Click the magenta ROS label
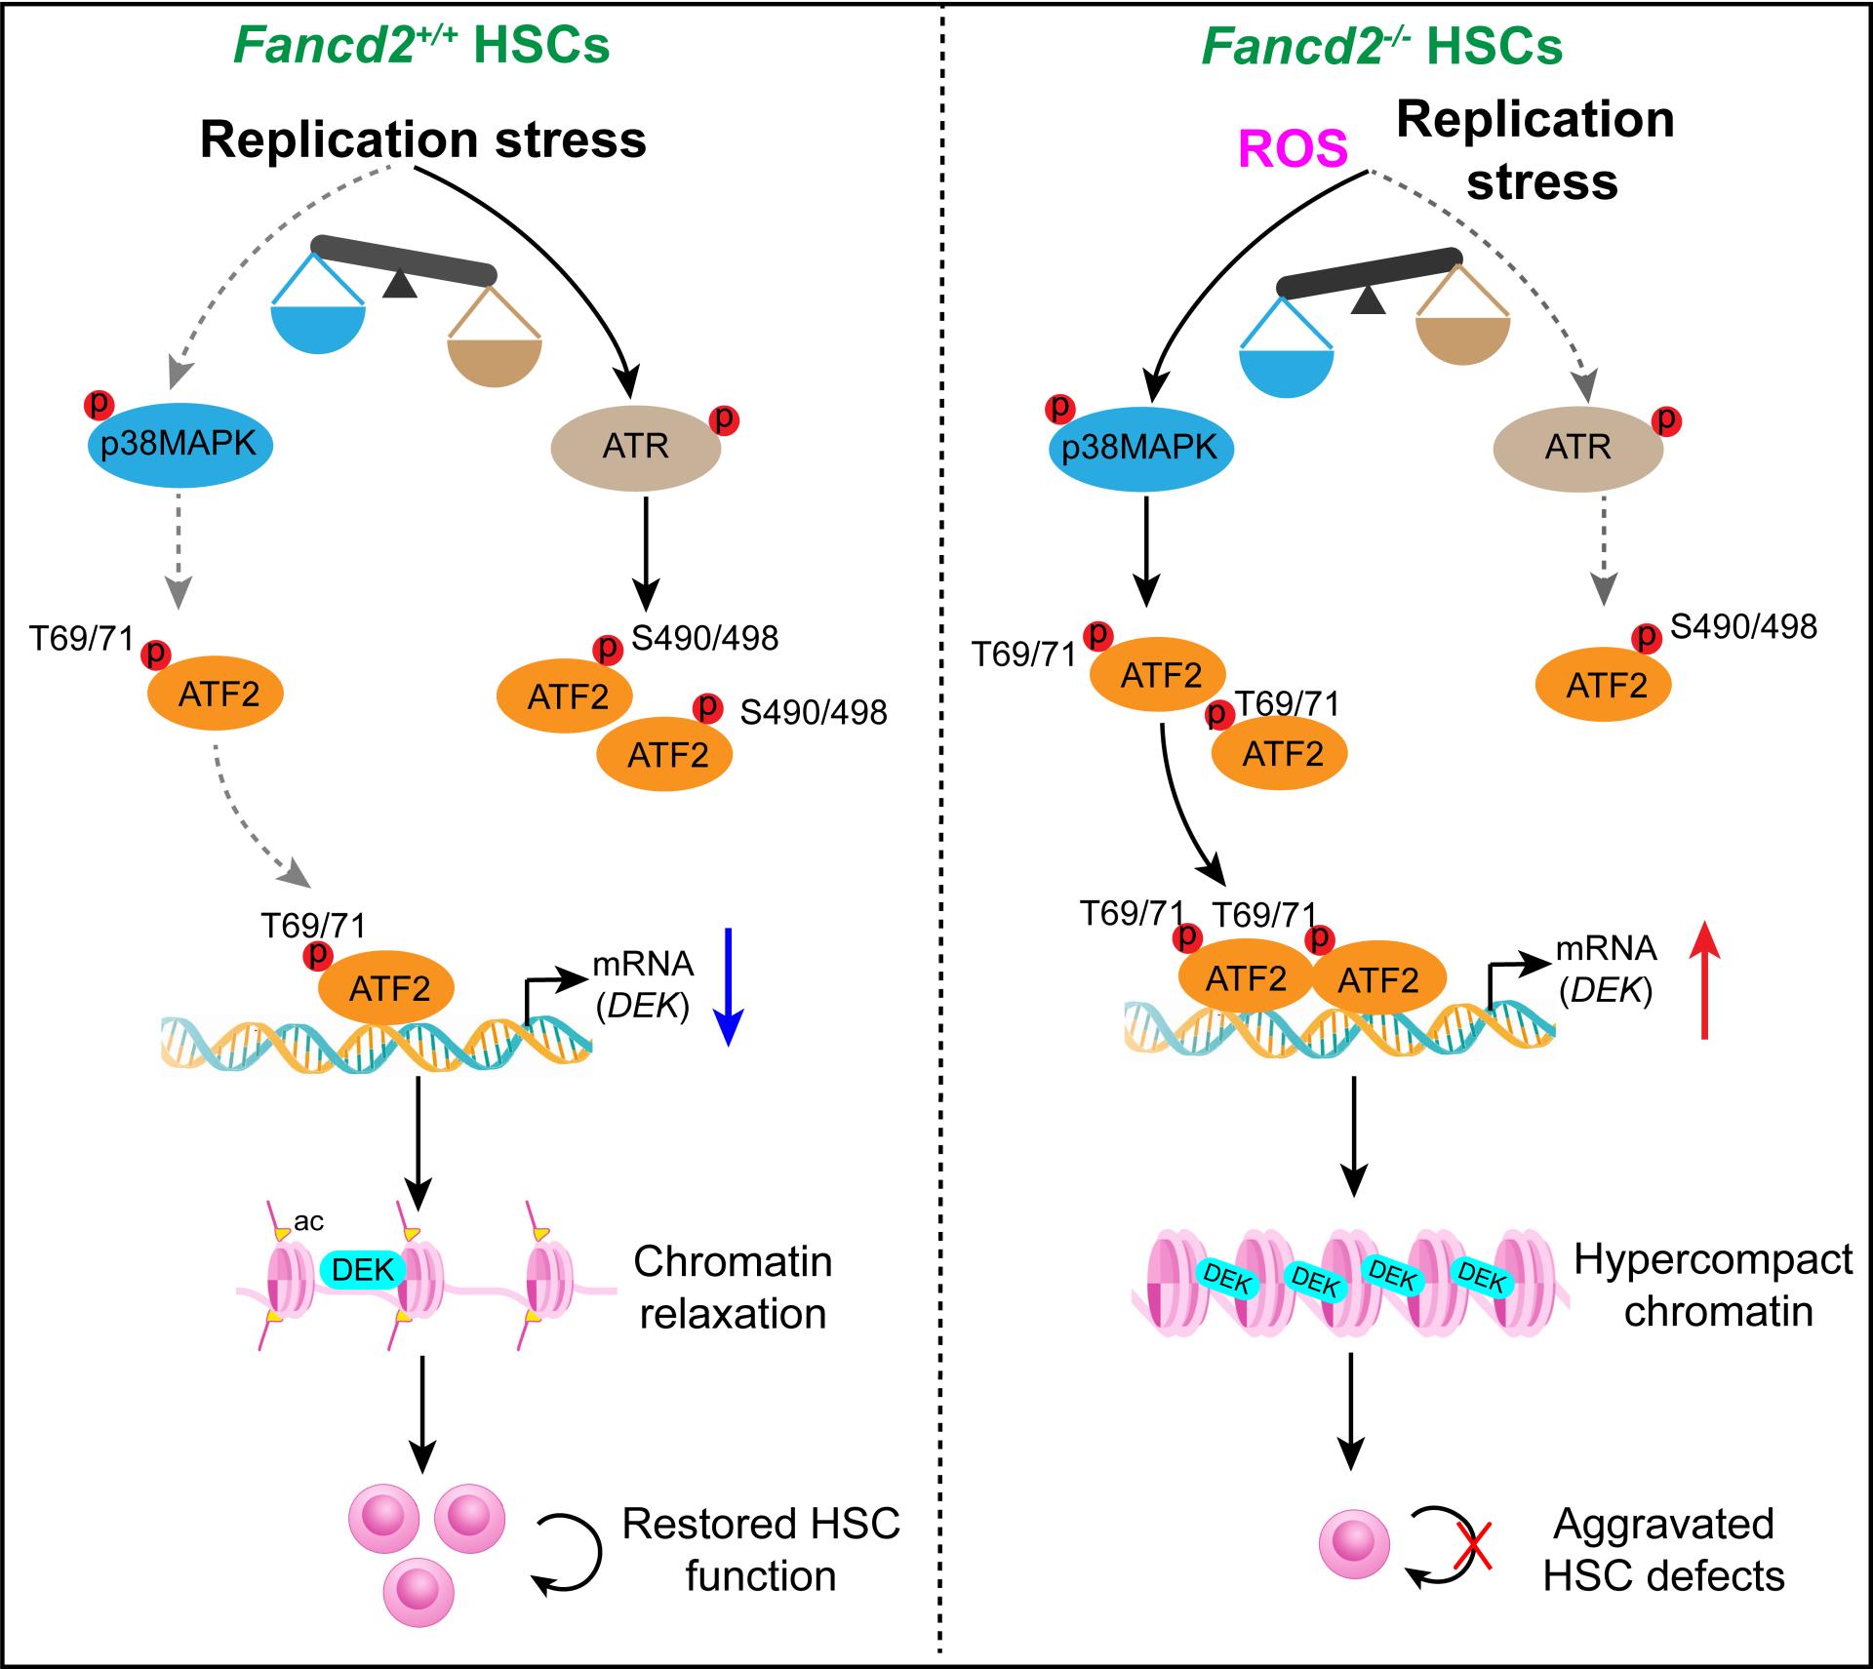(x=1293, y=149)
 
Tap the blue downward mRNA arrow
(x=729, y=985)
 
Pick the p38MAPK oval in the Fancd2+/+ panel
(x=179, y=445)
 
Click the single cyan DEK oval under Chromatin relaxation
(x=363, y=1269)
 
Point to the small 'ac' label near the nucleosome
(x=308, y=1221)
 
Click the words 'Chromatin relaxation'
(x=733, y=1288)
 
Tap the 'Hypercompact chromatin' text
(x=1714, y=1286)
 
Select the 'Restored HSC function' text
(x=761, y=1549)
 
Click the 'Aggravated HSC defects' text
(x=1663, y=1549)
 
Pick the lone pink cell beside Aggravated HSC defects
(x=1354, y=1544)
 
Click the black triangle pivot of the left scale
(x=400, y=284)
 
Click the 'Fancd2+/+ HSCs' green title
(x=421, y=46)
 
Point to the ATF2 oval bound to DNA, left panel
(x=386, y=988)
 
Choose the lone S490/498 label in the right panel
(x=1743, y=626)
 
